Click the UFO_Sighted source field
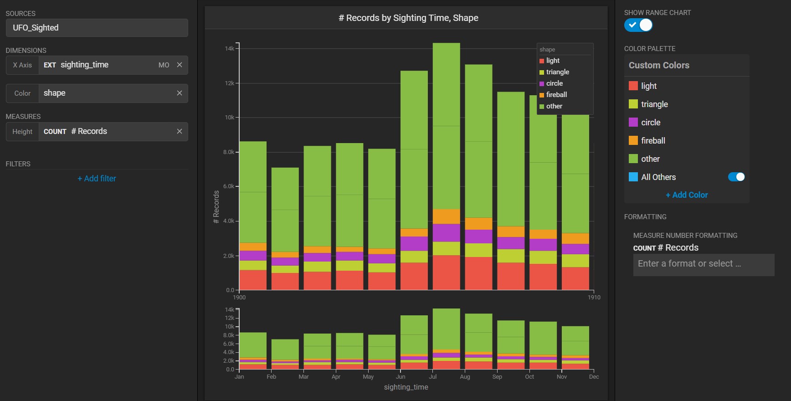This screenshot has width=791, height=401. tap(97, 28)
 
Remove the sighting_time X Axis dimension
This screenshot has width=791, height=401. tap(180, 65)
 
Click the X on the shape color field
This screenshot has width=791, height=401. tap(180, 93)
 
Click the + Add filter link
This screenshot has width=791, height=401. tap(97, 179)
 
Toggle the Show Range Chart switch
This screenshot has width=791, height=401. tap(638, 25)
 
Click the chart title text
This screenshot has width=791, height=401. tap(408, 18)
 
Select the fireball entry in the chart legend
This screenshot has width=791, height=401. tap(556, 95)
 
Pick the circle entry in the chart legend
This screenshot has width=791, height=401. tap(554, 83)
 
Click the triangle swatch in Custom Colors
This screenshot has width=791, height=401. tap(633, 104)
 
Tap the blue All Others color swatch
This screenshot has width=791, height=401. tap(633, 177)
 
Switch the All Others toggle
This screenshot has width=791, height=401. tap(736, 177)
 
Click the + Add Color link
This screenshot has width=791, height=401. tap(687, 195)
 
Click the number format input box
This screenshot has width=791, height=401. tap(704, 264)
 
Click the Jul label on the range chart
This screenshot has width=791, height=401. tap(433, 377)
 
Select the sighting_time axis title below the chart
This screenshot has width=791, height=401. tap(406, 387)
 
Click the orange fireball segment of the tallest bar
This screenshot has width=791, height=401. tap(447, 216)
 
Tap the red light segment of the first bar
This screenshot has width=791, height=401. tap(253, 280)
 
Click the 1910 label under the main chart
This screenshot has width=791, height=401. tap(594, 298)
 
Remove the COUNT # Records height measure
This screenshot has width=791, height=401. tap(180, 131)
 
